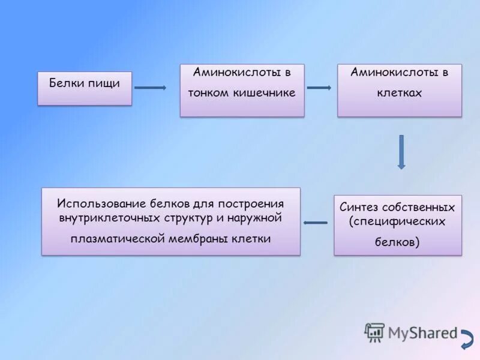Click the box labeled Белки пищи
[x=85, y=89]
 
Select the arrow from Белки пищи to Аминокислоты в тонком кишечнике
[x=150, y=88]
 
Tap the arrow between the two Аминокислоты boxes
[x=319, y=88]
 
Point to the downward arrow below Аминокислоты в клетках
[x=401, y=151]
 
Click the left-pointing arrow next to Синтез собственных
[x=316, y=223]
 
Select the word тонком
[x=208, y=93]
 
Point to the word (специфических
[x=398, y=221]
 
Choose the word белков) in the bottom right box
[x=397, y=242]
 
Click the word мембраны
[x=201, y=238]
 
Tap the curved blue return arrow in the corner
[x=466, y=339]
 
